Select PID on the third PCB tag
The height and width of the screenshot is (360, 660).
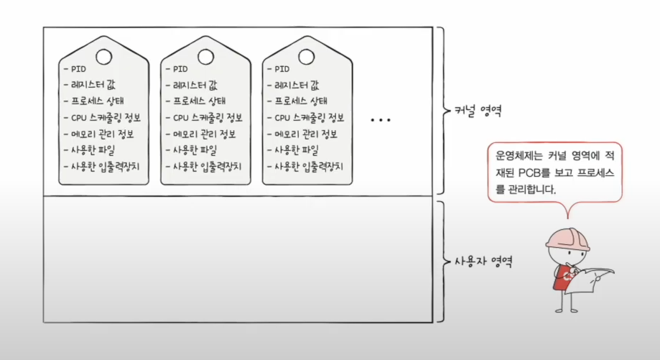point(282,70)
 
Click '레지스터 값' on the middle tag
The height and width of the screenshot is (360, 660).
point(193,86)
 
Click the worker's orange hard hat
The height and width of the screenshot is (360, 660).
point(569,239)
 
